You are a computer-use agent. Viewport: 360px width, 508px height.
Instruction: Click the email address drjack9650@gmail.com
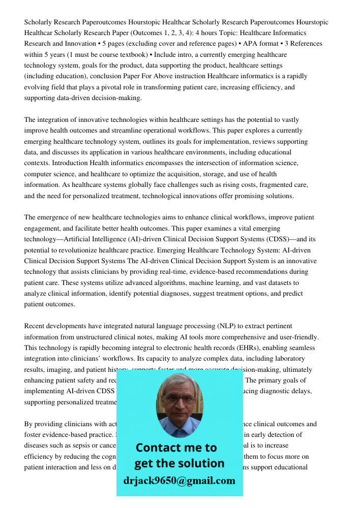[179, 481]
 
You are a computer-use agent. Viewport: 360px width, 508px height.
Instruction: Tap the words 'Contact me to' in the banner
[176, 448]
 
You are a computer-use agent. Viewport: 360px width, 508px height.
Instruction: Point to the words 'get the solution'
[179, 463]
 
